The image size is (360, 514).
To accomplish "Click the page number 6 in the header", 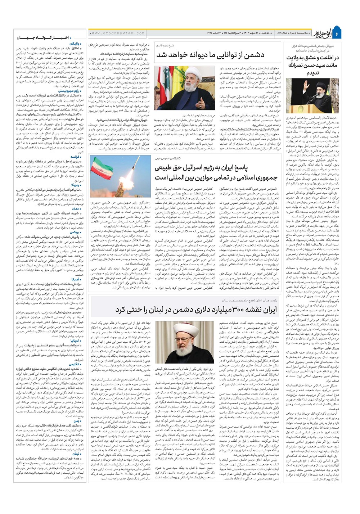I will tap(337, 33).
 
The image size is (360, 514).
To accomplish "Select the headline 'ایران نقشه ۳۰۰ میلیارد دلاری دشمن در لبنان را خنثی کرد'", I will tap(196, 310).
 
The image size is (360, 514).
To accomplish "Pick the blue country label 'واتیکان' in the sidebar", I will tap(77, 44).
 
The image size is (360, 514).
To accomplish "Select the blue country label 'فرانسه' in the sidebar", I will tap(75, 157).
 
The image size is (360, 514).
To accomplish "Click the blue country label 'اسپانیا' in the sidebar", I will tap(75, 340).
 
